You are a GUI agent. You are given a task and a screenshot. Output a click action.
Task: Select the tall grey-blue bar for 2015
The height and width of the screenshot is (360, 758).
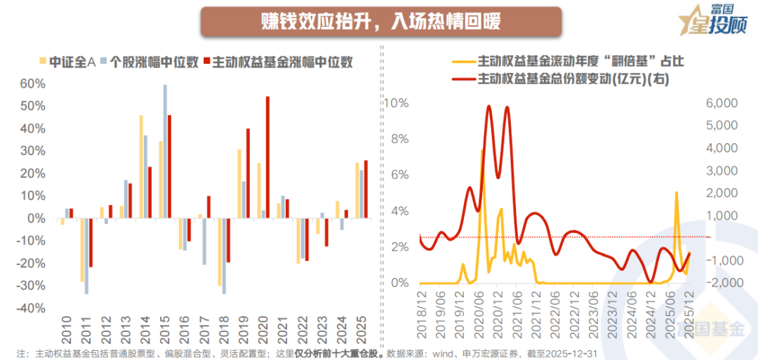coord(165,152)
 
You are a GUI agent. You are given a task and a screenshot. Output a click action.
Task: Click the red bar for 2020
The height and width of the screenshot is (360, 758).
coord(267,157)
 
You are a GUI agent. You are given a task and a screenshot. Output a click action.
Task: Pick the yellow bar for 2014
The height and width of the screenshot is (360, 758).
coord(140,167)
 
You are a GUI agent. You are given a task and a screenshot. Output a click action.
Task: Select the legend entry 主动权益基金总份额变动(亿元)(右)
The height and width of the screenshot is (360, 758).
coord(573,79)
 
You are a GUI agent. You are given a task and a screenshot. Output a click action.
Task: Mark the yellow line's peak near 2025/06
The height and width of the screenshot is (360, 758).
coord(677,192)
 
